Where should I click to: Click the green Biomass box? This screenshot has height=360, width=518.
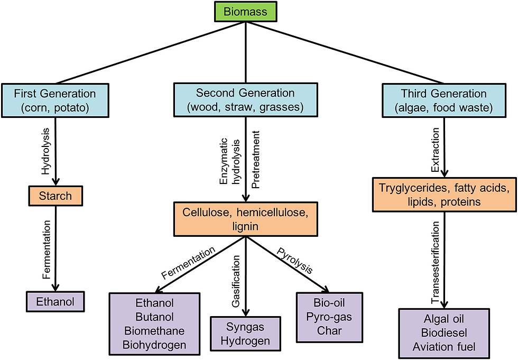pyautogui.click(x=245, y=12)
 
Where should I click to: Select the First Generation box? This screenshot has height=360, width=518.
pyautogui.click(x=55, y=100)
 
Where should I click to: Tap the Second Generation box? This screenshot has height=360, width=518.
pyautogui.click(x=245, y=100)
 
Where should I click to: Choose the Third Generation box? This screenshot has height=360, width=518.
pyautogui.click(x=444, y=100)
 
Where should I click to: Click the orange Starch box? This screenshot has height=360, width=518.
pyautogui.click(x=55, y=196)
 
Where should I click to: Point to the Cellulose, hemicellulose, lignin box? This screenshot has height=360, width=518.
pyautogui.click(x=245, y=219)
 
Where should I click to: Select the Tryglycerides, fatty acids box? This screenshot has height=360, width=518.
pyautogui.click(x=445, y=195)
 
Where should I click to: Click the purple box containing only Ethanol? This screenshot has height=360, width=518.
pyautogui.click(x=55, y=301)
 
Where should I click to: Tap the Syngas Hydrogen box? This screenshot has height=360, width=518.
pyautogui.click(x=245, y=334)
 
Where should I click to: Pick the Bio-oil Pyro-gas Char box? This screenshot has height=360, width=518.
pyautogui.click(x=329, y=317)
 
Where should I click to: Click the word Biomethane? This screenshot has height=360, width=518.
pyautogui.click(x=154, y=331)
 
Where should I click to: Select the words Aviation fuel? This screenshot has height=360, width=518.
pyautogui.click(x=444, y=347)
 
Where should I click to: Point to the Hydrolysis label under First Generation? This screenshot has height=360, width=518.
pyautogui.click(x=46, y=151)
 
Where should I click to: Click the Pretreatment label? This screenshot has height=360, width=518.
pyautogui.click(x=256, y=160)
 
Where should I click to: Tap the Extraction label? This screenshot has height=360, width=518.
pyautogui.click(x=436, y=150)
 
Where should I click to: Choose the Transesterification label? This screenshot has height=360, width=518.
pyautogui.click(x=436, y=263)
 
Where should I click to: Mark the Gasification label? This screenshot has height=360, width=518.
pyautogui.click(x=236, y=281)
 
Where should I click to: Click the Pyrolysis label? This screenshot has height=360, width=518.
pyautogui.click(x=294, y=261)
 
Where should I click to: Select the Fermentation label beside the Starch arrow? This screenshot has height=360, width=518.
pyautogui.click(x=47, y=250)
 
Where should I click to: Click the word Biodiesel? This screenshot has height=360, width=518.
pyautogui.click(x=444, y=333)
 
